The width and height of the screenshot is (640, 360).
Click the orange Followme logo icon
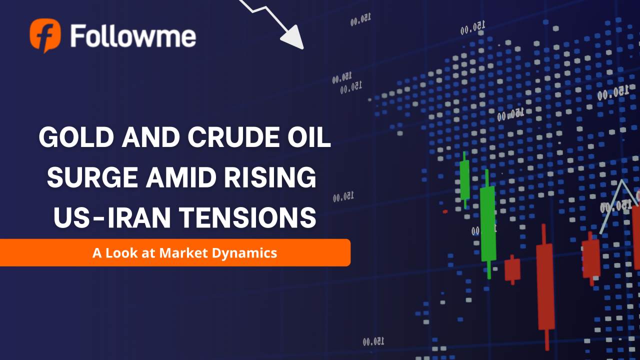click(45, 35)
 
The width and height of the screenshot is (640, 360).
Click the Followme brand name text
click(133, 36)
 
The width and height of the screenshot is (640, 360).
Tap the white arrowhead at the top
click(294, 39)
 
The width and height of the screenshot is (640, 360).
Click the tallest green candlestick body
click(488, 223)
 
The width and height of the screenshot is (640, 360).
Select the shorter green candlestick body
click(465, 179)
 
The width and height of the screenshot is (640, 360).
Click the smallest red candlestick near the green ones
click(512, 269)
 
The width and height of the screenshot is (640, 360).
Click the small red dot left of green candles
click(445, 211)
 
